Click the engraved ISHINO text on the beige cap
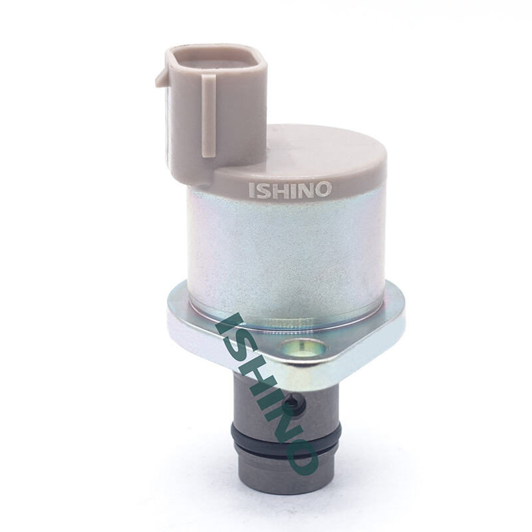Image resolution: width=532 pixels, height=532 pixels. tap(290, 190)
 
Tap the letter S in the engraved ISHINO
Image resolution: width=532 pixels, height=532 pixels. tap(262, 190)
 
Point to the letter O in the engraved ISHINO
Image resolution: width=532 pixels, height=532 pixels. tap(323, 190)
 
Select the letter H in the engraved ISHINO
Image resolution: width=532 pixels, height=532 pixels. tap(278, 190)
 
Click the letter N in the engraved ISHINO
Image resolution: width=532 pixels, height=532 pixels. tap(303, 190)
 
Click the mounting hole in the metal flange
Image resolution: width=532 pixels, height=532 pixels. tap(302, 348)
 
